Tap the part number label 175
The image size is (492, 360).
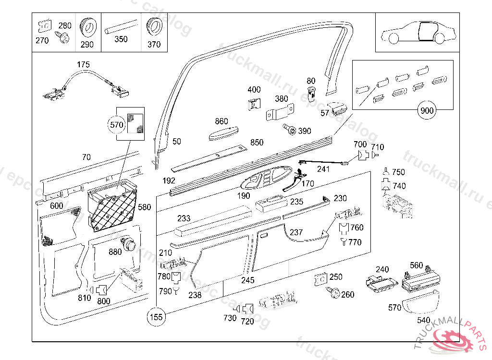[83, 65]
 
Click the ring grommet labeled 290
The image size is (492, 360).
[87, 28]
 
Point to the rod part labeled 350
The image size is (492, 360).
[121, 28]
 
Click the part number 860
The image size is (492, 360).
[221, 121]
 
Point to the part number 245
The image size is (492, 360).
[248, 280]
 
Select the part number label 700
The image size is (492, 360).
[360, 144]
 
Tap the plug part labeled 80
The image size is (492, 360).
[311, 92]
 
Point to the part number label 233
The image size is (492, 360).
[184, 218]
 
